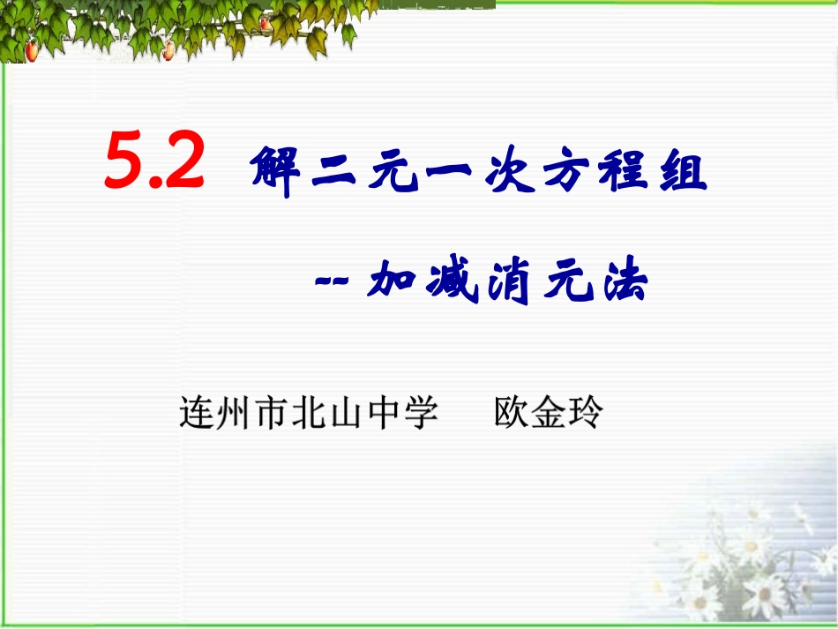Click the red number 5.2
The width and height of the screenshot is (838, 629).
(154, 161)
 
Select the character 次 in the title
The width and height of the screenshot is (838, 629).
(510, 173)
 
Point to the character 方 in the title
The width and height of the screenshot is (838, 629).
(566, 173)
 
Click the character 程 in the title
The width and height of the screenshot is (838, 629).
(624, 173)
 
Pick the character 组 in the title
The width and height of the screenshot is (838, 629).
(680, 173)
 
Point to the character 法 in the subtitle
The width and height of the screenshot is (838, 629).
(620, 282)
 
